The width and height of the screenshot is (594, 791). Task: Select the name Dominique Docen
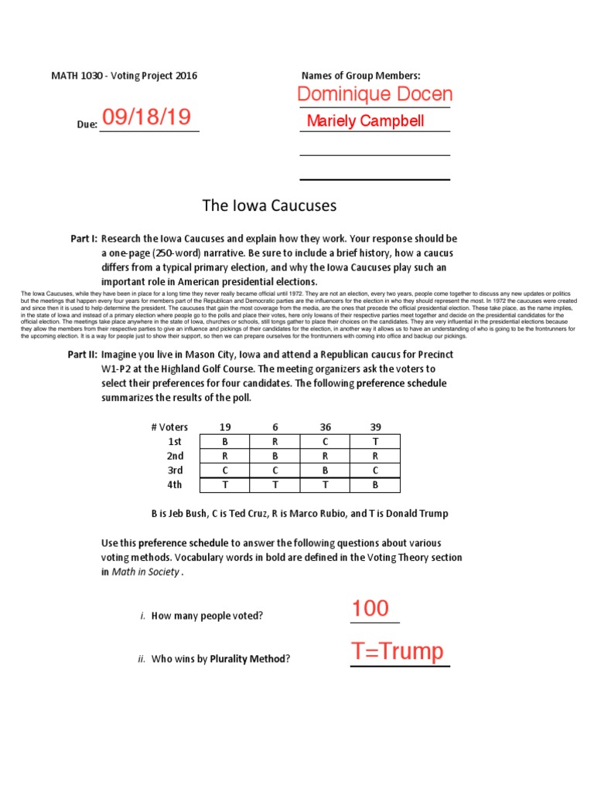[375, 94]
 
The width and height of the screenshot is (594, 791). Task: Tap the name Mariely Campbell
[365, 121]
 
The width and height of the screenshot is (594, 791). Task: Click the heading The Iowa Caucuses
[269, 205]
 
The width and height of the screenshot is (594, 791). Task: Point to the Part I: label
[84, 239]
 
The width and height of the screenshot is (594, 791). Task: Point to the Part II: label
[84, 355]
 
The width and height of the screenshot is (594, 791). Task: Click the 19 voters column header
[225, 427]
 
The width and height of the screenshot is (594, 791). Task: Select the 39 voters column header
[375, 427]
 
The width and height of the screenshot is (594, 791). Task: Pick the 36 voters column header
[325, 427]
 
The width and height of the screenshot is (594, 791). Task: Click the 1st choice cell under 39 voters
[375, 441]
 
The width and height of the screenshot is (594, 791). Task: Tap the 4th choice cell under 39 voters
[375, 485]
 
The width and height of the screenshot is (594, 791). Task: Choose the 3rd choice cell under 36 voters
[325, 470]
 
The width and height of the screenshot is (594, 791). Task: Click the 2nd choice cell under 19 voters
[225, 456]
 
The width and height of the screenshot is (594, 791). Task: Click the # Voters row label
[166, 427]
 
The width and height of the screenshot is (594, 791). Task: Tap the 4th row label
[175, 485]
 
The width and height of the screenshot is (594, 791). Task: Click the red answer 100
[370, 609]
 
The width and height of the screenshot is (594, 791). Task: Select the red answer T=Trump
[398, 652]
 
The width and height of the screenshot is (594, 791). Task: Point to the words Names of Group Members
[360, 76]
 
